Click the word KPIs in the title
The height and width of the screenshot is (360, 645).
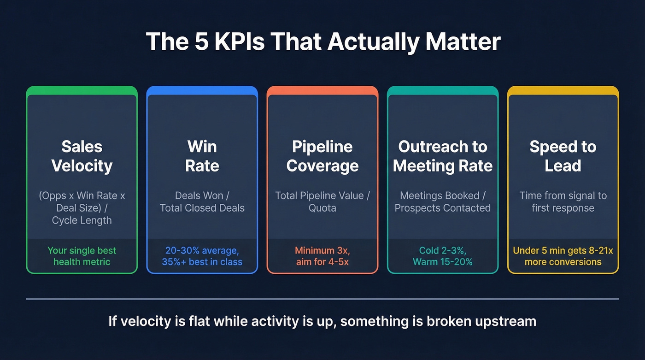[235, 41]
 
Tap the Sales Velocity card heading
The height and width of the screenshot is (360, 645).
[82, 156]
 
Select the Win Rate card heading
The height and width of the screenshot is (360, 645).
[202, 156]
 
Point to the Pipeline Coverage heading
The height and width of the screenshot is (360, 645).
[322, 156]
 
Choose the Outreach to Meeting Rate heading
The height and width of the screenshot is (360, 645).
[443, 156]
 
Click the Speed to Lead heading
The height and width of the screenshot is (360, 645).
[563, 156]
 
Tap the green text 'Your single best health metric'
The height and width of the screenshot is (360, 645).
[82, 256]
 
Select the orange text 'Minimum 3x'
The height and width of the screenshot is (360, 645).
[322, 251]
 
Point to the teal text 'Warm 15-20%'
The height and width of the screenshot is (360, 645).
[443, 262]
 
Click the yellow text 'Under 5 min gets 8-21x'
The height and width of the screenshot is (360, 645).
[563, 251]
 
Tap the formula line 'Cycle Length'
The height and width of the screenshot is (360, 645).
[82, 220]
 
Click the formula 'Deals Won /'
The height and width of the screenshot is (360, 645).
[202, 195]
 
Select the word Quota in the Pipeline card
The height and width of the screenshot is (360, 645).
[322, 208]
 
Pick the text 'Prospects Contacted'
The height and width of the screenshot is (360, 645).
[443, 208]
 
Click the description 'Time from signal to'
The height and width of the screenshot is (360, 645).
[563, 195]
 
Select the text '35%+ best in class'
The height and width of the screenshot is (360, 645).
[202, 262]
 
